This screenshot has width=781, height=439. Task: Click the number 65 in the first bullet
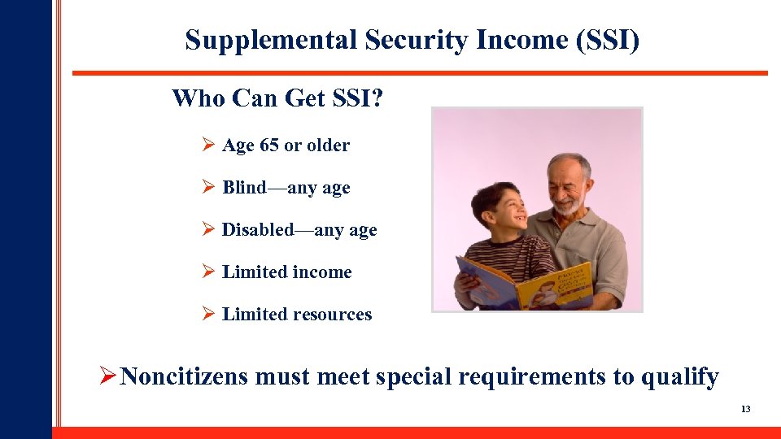pos(268,146)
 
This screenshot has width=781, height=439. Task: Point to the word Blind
pos(244,188)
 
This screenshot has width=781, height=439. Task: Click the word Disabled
pos(256,230)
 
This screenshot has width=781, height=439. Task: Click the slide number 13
pos(745,409)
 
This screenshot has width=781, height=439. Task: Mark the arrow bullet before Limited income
pos(207,272)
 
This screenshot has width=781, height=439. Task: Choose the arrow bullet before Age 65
pos(207,146)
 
